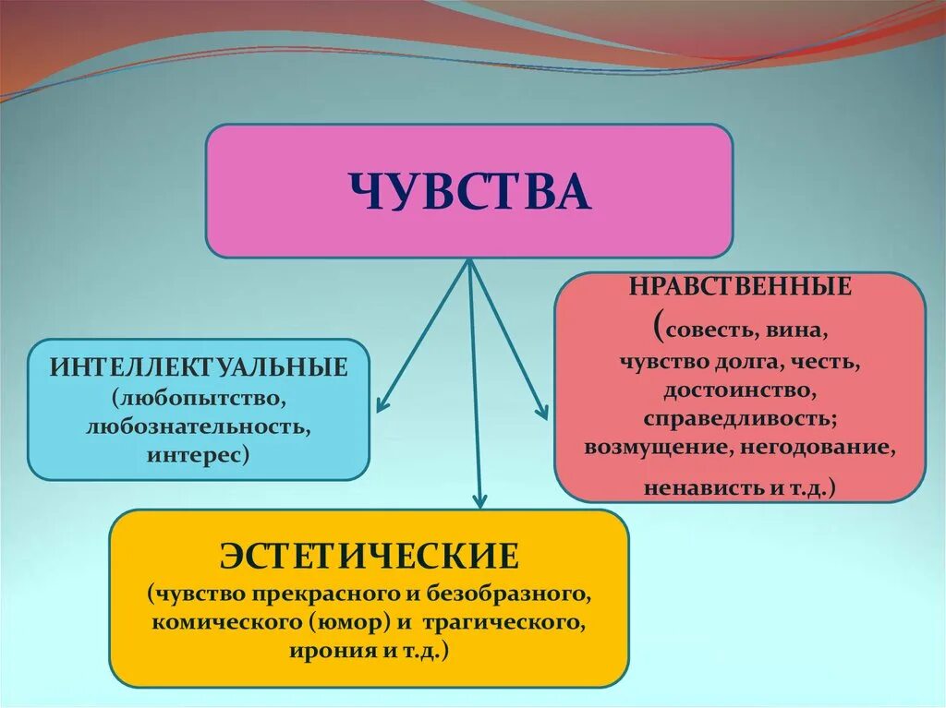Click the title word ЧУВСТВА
(x=469, y=191)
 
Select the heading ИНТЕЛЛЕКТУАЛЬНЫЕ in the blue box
(x=200, y=366)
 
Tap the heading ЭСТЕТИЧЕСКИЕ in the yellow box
(x=369, y=557)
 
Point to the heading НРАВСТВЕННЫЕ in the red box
(x=740, y=286)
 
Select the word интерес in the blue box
(x=196, y=456)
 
